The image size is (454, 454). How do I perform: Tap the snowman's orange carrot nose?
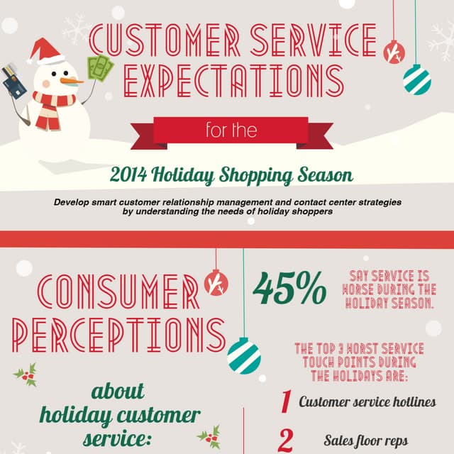tap(68, 80)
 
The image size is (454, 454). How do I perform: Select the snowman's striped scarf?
tap(52, 106)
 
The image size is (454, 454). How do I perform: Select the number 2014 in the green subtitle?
tap(134, 175)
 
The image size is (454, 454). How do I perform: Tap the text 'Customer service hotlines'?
tap(367, 402)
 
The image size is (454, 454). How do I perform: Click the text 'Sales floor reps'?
tap(366, 441)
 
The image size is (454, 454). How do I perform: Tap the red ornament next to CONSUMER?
tap(216, 283)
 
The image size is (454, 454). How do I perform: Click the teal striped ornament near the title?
tap(417, 79)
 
